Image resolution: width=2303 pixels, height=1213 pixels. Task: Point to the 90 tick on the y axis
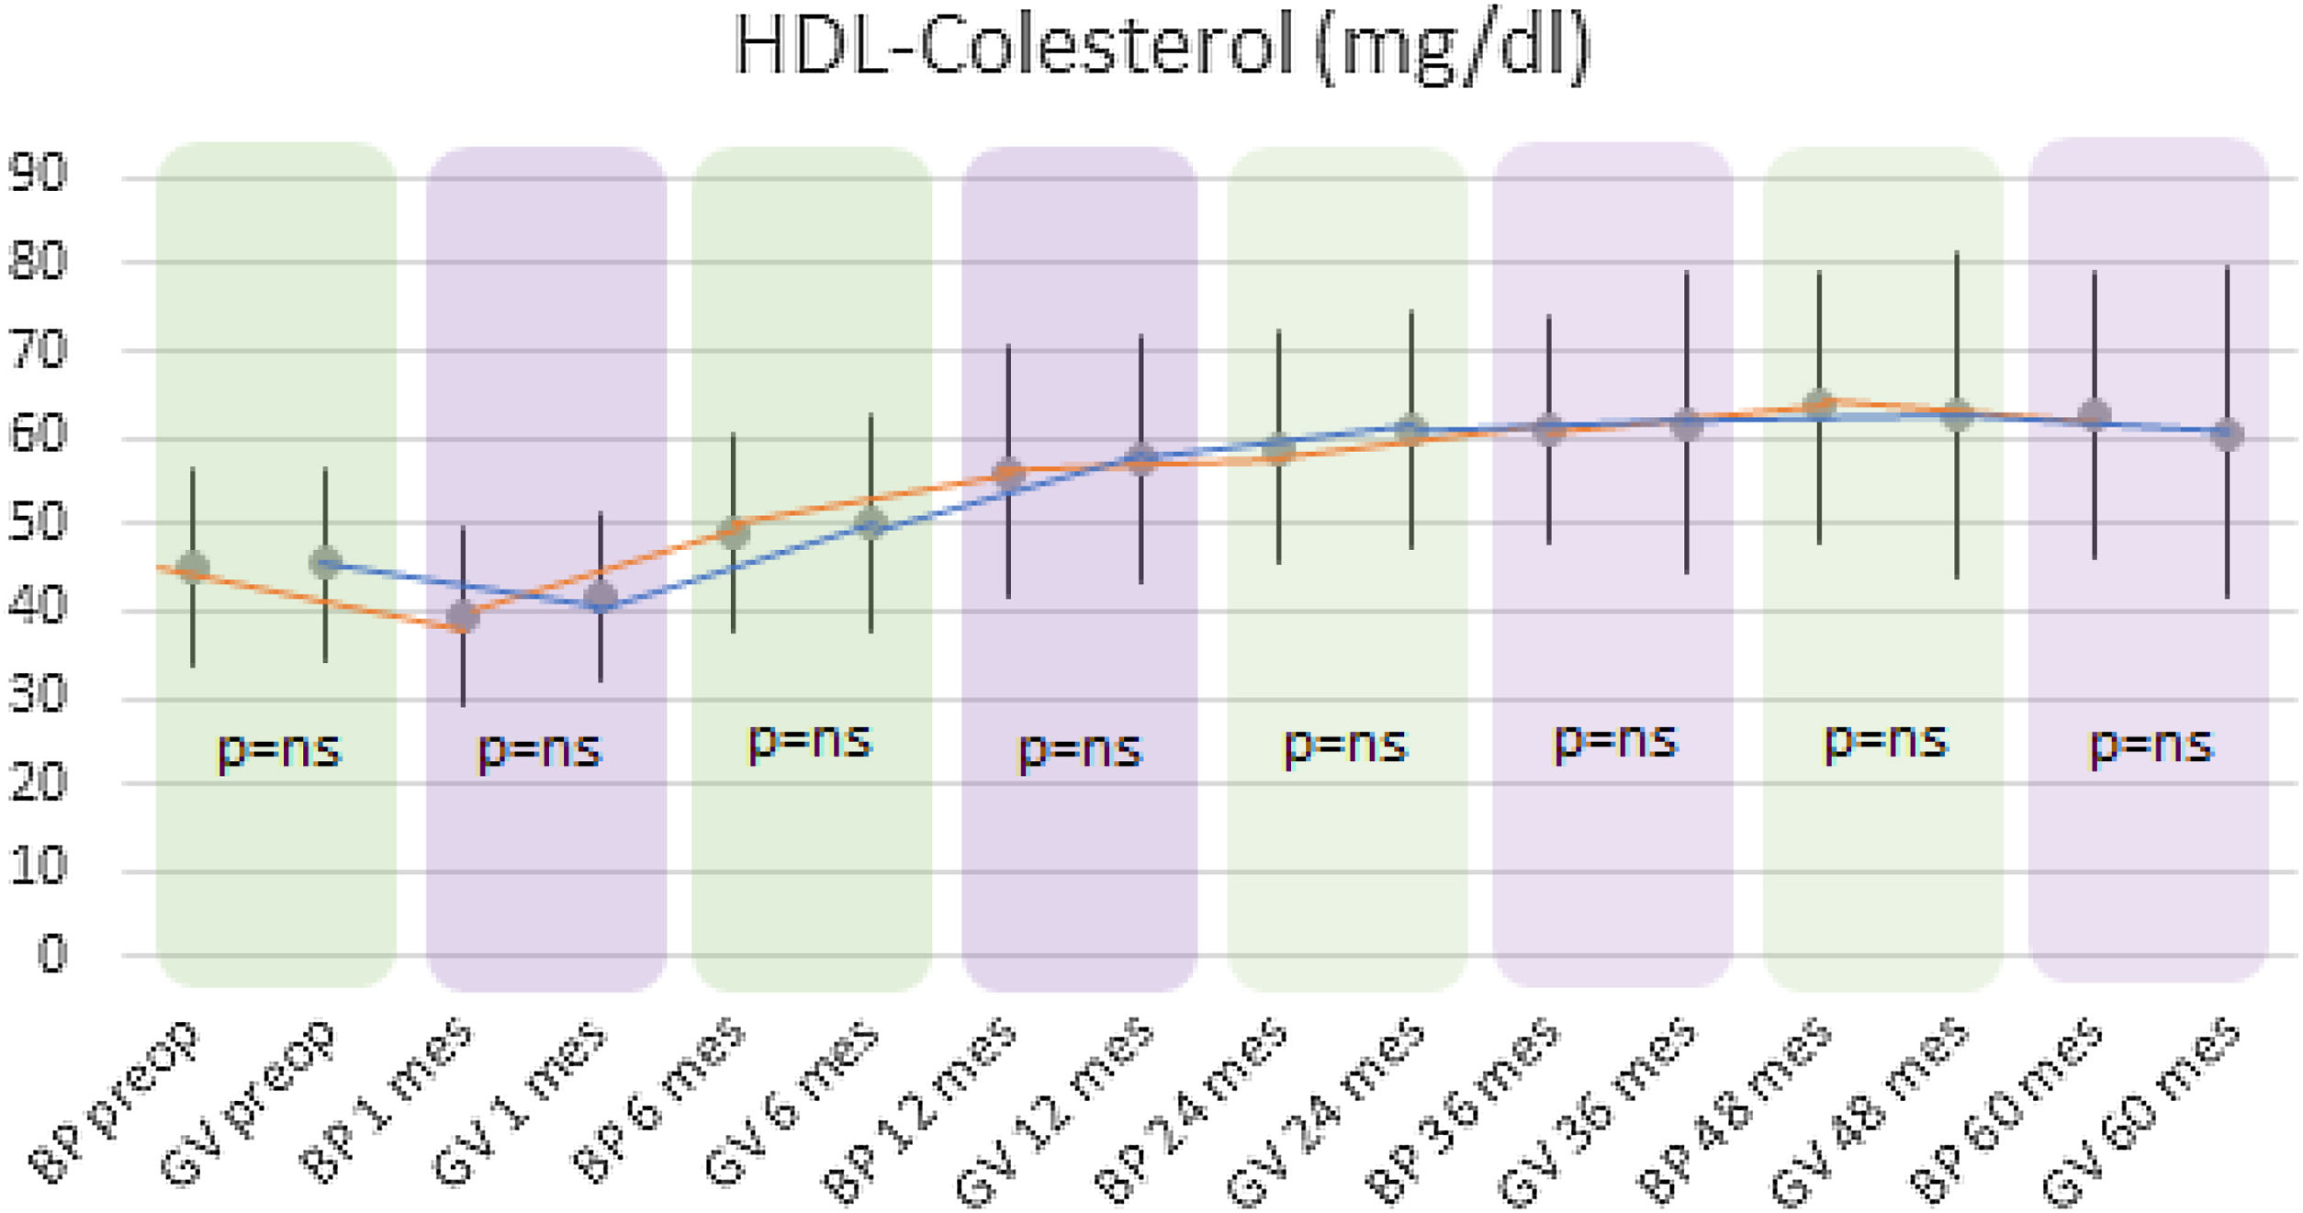(38, 173)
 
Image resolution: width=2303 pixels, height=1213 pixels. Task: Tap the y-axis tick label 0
(52, 954)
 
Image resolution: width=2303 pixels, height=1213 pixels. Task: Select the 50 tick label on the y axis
(38, 522)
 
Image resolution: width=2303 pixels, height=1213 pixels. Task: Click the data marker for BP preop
(192, 567)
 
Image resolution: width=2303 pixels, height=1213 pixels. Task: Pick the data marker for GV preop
(326, 562)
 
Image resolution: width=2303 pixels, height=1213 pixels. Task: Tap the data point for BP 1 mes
(463, 616)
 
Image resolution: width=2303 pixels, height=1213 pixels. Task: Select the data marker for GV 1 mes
(601, 597)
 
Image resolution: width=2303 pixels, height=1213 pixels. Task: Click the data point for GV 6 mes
(871, 524)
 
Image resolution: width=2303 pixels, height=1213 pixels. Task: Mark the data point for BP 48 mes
(1819, 405)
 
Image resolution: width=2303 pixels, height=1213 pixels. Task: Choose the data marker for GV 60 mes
(2227, 433)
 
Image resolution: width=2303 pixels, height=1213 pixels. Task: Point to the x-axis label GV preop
(248, 1102)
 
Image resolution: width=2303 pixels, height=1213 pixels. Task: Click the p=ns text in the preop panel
(278, 749)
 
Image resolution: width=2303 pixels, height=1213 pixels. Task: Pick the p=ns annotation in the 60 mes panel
(2151, 746)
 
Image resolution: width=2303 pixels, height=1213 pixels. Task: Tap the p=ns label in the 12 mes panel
(1080, 749)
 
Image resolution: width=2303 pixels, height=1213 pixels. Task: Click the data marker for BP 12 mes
(1008, 474)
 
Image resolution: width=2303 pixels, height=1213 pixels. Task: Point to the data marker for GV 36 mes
(1686, 424)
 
